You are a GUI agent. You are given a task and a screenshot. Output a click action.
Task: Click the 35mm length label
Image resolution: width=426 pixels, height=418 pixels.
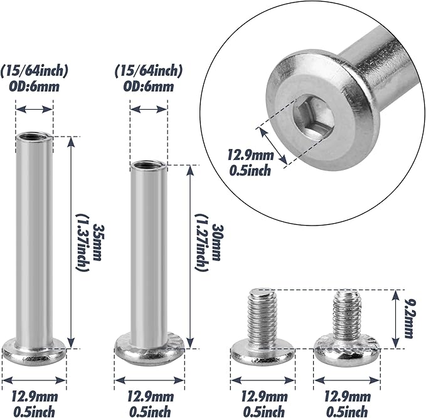(x=98, y=243)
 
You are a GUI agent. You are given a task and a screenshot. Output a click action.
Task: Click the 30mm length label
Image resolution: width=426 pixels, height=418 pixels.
(x=216, y=243)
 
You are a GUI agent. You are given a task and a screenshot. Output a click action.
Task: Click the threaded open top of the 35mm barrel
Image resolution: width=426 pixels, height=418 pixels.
(x=34, y=136)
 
